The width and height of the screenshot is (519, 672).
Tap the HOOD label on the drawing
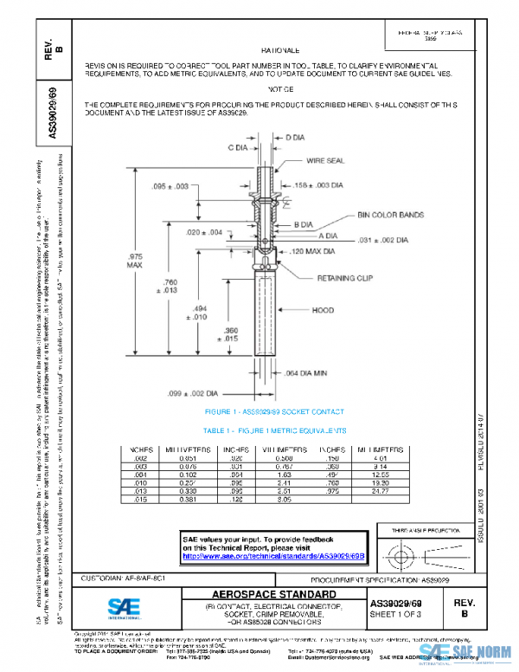click(x=323, y=309)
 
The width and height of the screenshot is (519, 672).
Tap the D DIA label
click(x=295, y=138)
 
